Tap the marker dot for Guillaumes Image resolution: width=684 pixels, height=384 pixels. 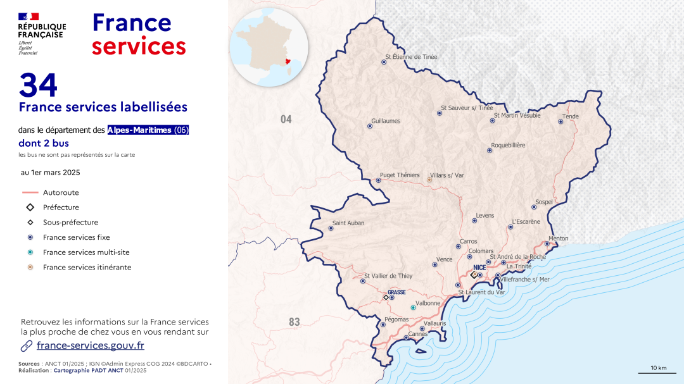tap(370, 126)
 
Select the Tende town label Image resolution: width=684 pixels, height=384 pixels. tap(571, 116)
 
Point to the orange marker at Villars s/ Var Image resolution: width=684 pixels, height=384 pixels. tap(429, 180)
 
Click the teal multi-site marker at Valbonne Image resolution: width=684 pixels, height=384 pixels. tap(413, 307)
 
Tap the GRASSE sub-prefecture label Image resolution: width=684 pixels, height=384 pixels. tap(396, 292)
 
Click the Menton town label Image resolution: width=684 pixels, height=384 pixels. tap(559, 238)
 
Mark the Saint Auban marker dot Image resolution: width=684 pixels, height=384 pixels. tap(331, 228)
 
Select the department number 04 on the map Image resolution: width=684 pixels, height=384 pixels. tap(286, 119)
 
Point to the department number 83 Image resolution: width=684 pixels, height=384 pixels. tap(294, 323)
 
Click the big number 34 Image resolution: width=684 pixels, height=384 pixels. tap(39, 85)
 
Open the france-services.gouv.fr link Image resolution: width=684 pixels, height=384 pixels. tap(91, 345)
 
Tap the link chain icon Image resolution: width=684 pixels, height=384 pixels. tap(27, 345)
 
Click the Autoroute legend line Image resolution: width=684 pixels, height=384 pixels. tap(30, 192)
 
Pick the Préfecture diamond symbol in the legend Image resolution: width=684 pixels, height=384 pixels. tap(30, 207)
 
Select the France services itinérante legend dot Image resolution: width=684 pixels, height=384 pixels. tap(30, 268)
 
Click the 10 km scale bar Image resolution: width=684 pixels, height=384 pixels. tap(658, 373)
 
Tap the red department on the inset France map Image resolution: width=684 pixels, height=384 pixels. tap(289, 61)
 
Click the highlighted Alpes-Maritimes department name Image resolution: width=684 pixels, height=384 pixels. tap(140, 130)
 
